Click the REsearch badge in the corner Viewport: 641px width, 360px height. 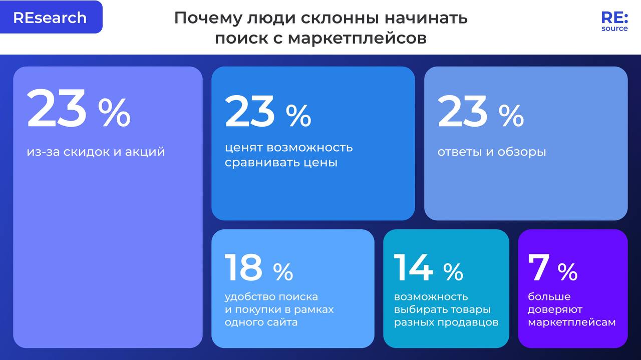pyautogui.click(x=50, y=18)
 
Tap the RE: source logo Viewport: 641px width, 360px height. pyautogui.click(x=614, y=22)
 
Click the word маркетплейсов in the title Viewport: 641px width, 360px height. pyautogui.click(x=357, y=39)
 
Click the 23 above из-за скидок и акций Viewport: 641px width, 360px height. pyautogui.click(x=56, y=109)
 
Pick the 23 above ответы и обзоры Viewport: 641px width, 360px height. pyautogui.click(x=462, y=112)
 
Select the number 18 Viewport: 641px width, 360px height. pyautogui.click(x=243, y=267)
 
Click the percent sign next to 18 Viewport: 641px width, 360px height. pyautogui.click(x=283, y=272)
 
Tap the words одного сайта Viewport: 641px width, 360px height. pyautogui.click(x=261, y=322)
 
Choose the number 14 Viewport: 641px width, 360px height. pyautogui.click(x=413, y=267)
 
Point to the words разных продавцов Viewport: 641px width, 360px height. pyautogui.click(x=446, y=322)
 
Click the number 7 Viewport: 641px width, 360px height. pyautogui.click(x=539, y=267)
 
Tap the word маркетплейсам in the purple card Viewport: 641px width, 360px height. pyautogui.click(x=571, y=322)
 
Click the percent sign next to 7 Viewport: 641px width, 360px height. pyautogui.click(x=567, y=272)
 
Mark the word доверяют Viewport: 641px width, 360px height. pyautogui.click(x=555, y=309)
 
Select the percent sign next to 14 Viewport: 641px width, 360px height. pyautogui.click(x=453, y=272)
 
